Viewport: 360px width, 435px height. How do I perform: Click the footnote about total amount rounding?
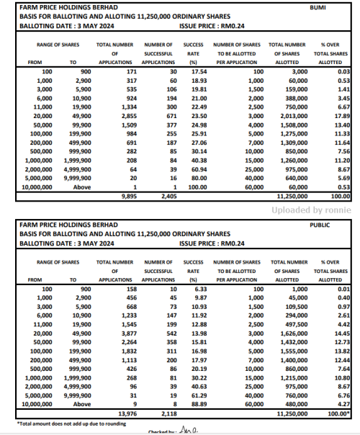pyautogui.click(x=58, y=421)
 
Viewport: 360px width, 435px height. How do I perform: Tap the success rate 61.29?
pyautogui.click(x=192, y=395)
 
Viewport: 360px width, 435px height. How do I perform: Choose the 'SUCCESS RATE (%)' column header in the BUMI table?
pyautogui.click(x=192, y=53)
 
